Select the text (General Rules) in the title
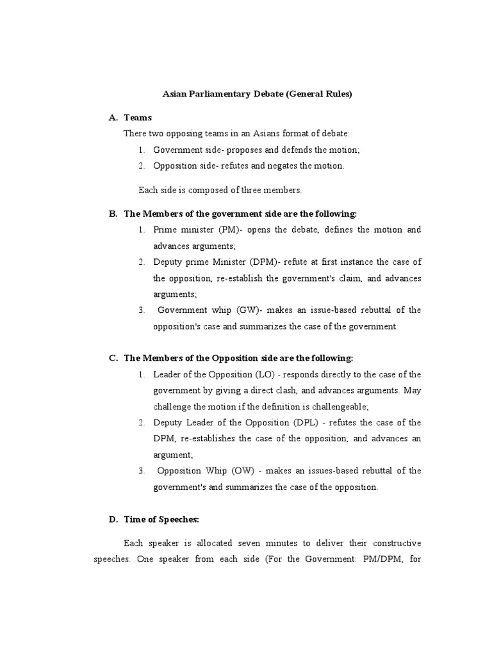(318, 94)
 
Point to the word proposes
(236, 150)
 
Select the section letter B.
(113, 214)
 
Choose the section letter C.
(113, 358)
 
